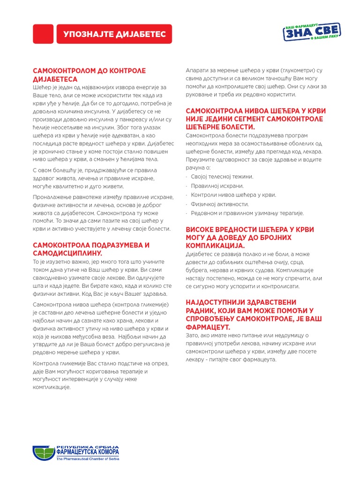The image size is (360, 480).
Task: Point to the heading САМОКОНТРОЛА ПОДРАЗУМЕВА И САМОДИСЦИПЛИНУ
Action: (x=90, y=249)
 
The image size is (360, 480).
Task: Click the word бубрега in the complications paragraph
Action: (x=198, y=271)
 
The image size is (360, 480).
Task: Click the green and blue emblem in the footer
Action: (x=44, y=453)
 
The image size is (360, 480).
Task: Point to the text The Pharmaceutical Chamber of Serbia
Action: (x=87, y=459)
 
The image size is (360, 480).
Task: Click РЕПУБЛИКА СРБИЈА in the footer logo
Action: (x=88, y=447)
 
